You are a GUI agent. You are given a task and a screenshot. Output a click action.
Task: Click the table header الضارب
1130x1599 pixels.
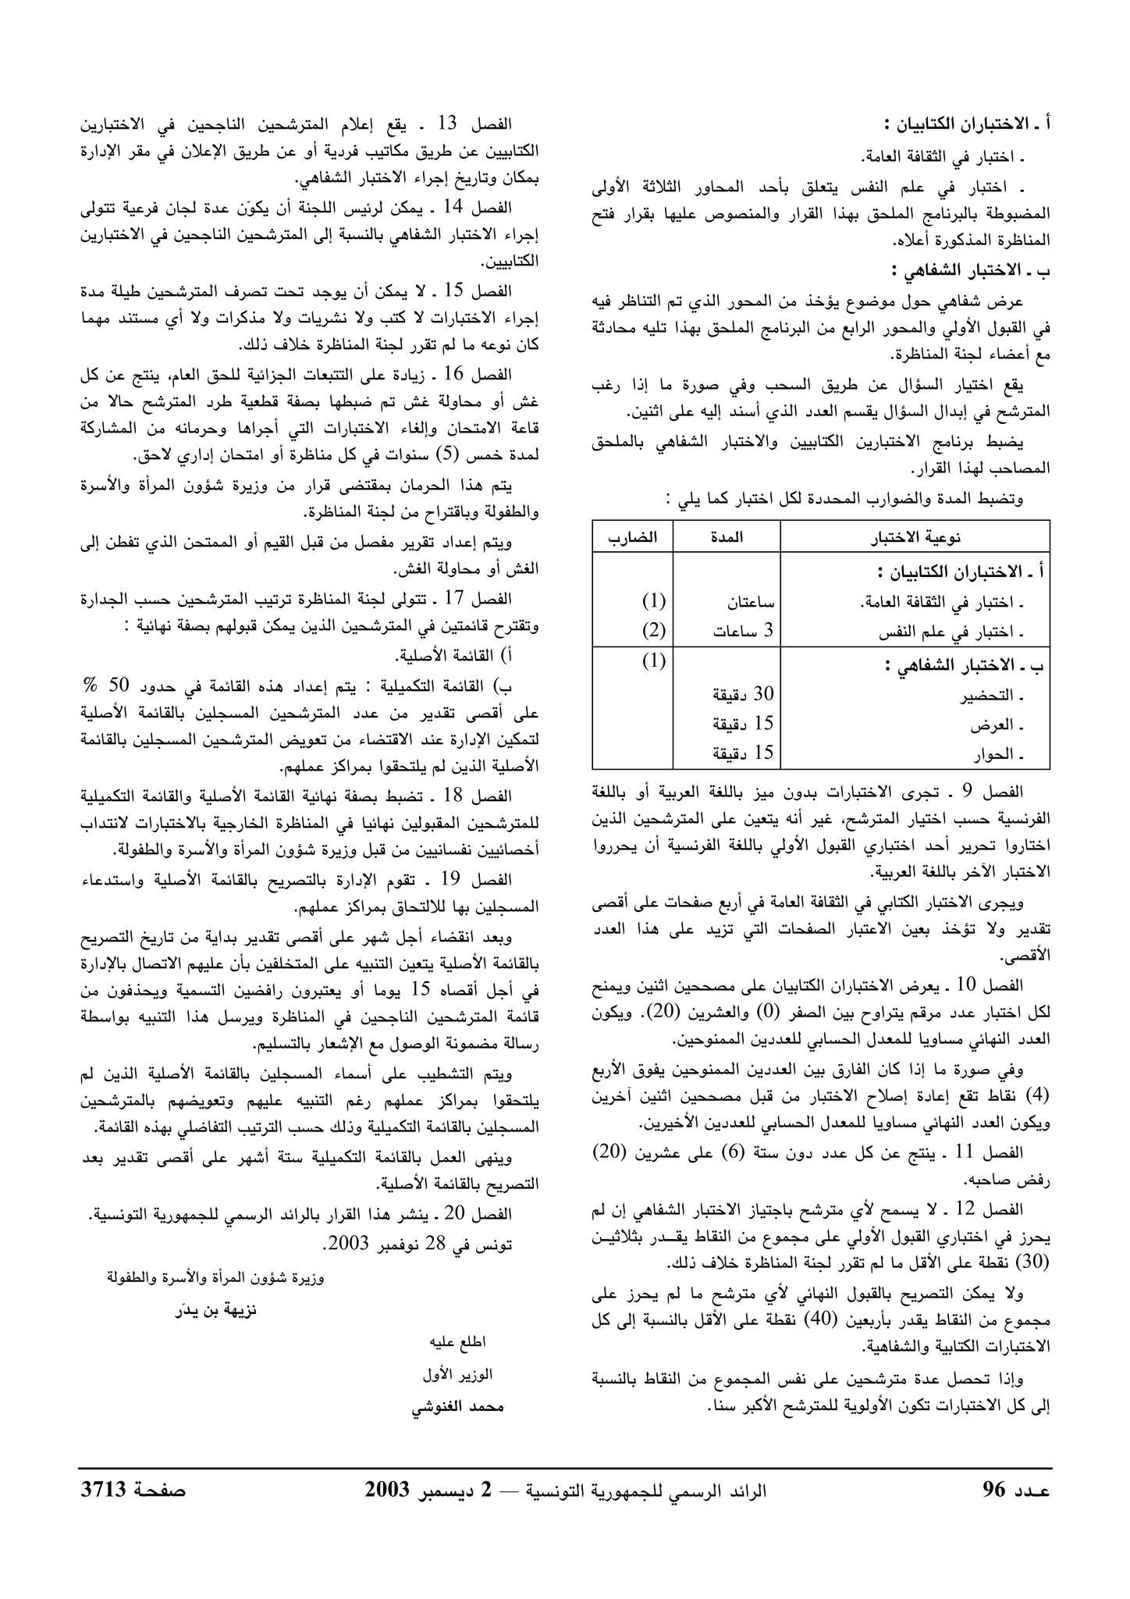633,537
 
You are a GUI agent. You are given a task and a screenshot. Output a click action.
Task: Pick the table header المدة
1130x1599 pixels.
727,537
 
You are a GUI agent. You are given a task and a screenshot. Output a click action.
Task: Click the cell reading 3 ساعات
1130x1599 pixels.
742,631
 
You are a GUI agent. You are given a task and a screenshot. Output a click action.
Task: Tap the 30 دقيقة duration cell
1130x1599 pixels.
742,694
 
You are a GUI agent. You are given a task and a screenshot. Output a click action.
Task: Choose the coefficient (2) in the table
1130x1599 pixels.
654,631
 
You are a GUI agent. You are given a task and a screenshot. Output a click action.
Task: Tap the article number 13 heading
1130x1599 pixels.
452,125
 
